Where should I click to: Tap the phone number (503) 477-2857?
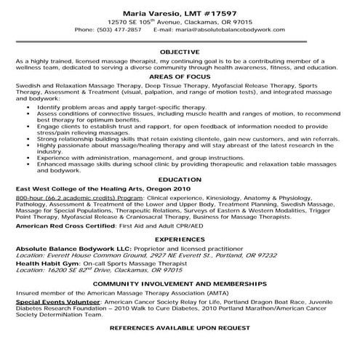click(122, 30)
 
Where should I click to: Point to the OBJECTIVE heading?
click(180, 52)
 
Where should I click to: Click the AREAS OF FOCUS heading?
click(180, 76)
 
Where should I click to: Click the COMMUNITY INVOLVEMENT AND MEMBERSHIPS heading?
click(180, 281)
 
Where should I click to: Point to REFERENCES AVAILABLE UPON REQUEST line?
click(180, 328)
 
